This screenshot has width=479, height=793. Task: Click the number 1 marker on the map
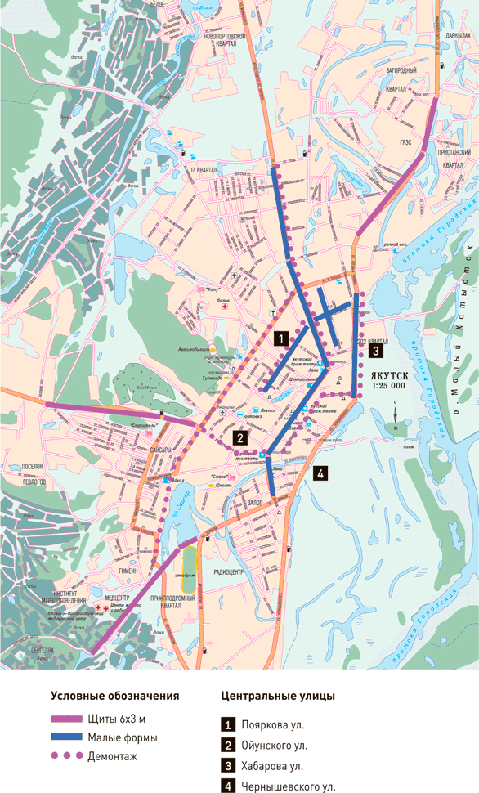[280, 337]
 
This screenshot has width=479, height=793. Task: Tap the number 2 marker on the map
[239, 437]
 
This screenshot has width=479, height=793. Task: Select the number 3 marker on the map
[374, 352]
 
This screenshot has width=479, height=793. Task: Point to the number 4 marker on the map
[320, 473]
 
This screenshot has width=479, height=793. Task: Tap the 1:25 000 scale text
[388, 384]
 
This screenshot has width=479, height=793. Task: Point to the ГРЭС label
[405, 141]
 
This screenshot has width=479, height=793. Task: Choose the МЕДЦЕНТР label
[117, 598]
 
